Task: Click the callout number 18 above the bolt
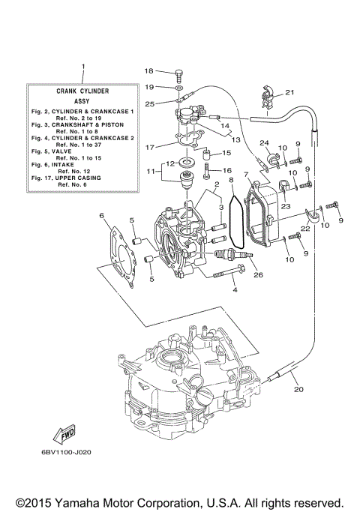[148, 71]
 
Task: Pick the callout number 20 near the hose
[298, 388]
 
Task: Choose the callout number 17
[149, 147]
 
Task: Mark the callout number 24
[264, 143]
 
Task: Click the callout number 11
[151, 172]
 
